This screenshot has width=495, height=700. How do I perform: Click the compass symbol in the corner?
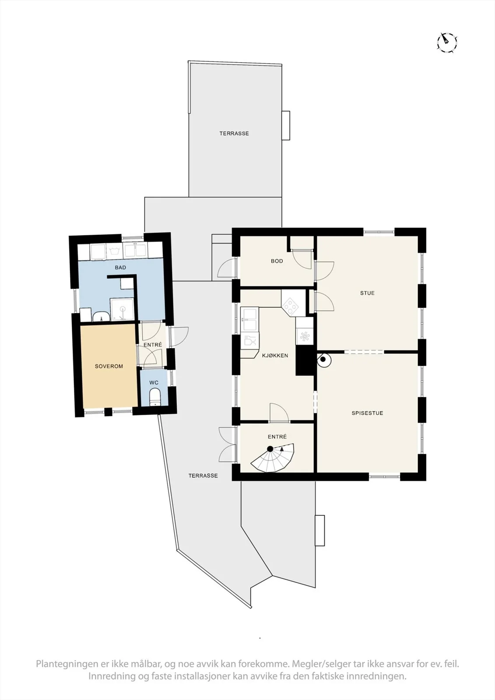pyautogui.click(x=447, y=42)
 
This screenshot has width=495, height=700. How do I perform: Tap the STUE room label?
pyautogui.click(x=367, y=293)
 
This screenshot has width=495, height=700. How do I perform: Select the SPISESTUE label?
pyautogui.click(x=367, y=413)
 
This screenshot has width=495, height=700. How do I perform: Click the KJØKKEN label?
pyautogui.click(x=275, y=355)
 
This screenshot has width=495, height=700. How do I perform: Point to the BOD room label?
pyautogui.click(x=277, y=261)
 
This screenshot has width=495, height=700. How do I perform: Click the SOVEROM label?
pyautogui.click(x=109, y=366)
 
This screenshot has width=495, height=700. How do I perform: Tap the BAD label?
pyautogui.click(x=120, y=267)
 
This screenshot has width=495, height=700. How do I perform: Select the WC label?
pyautogui.click(x=154, y=382)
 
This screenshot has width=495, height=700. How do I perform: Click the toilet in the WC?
pyautogui.click(x=155, y=397)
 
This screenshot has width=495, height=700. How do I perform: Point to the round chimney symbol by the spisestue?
pyautogui.click(x=324, y=360)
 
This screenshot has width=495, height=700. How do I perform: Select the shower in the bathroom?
pyautogui.click(x=122, y=309)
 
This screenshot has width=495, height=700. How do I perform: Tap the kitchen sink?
pyautogui.click(x=249, y=320)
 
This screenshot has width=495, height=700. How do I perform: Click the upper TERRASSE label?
pyautogui.click(x=234, y=133)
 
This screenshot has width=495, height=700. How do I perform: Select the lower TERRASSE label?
pyautogui.click(x=203, y=476)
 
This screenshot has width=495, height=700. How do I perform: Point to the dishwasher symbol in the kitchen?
pyautogui.click(x=249, y=341)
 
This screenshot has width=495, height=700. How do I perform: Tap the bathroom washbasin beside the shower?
pyautogui.click(x=101, y=316)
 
